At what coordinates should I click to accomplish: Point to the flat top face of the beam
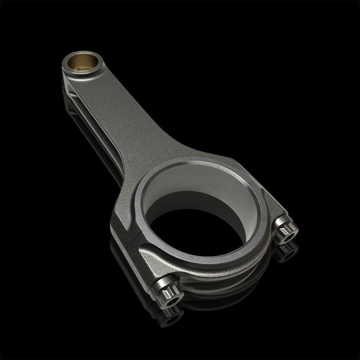119,119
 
